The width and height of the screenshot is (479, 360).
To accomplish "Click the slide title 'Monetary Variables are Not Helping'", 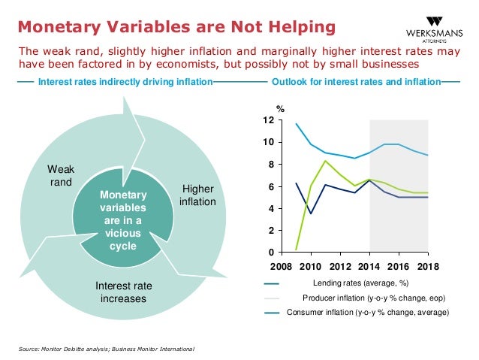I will [x=176, y=28].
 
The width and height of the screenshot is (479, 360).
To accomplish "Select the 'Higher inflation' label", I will [x=198, y=196].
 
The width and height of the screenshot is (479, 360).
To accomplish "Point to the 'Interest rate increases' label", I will [x=124, y=292].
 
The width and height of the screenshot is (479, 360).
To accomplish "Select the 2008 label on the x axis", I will [x=282, y=266].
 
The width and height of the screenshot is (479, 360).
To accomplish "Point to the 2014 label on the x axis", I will [x=369, y=266].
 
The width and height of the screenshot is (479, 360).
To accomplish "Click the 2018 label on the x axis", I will [x=427, y=266].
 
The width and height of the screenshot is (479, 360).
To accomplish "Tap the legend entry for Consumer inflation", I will [x=368, y=312].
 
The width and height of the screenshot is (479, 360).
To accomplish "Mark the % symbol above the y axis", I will [x=282, y=108].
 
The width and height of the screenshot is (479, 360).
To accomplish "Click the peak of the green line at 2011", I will [x=325, y=161].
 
